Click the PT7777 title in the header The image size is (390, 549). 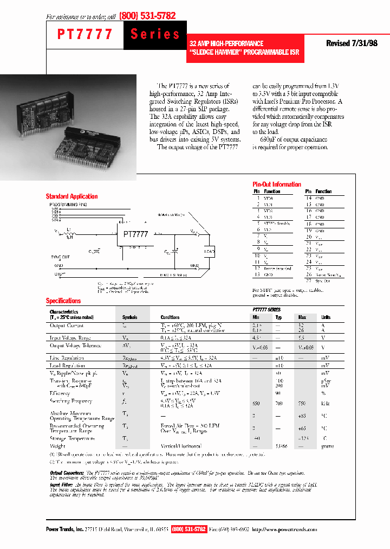[x=85, y=35]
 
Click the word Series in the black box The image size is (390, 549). [x=155, y=34]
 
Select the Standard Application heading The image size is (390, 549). [x=71, y=196]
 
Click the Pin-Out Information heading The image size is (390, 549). [x=277, y=184]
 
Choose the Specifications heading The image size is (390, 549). [x=63, y=301]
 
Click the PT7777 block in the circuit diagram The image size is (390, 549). [x=135, y=234]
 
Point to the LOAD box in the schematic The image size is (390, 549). [x=210, y=251]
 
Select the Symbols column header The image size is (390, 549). [x=129, y=317]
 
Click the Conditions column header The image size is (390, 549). [x=170, y=317]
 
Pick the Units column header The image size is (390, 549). [x=326, y=317]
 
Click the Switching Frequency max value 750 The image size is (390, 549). [x=302, y=404]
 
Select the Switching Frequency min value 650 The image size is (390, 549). [x=256, y=404]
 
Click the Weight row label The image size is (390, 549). [x=57, y=446]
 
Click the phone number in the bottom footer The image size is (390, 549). [x=188, y=529]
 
